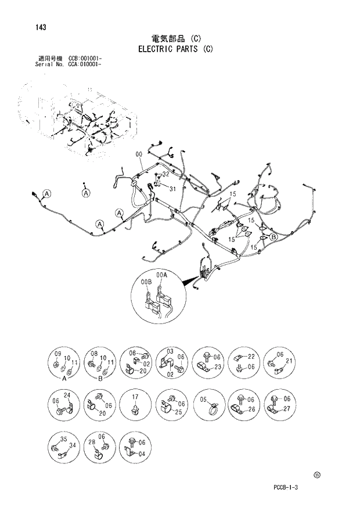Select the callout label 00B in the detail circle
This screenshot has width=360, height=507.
[146, 282]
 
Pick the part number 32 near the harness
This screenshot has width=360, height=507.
[165, 174]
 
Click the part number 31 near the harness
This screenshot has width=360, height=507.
[172, 188]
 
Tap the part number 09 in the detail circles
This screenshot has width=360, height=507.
[58, 354]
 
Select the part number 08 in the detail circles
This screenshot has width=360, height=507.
[93, 354]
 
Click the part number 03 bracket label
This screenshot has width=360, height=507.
[170, 352]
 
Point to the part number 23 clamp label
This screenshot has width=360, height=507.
[218, 366]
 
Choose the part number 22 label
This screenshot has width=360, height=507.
[251, 356]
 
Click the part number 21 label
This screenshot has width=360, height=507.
[290, 361]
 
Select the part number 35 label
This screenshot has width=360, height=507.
[63, 440]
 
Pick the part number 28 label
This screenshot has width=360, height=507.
[91, 443]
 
